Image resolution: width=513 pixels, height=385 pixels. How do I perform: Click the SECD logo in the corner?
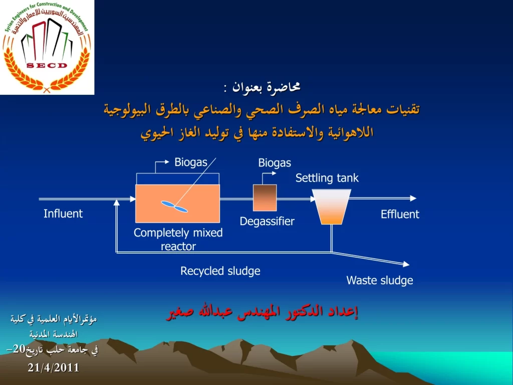47,47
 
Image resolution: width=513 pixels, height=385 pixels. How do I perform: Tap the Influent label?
63,214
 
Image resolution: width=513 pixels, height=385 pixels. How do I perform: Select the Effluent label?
400,215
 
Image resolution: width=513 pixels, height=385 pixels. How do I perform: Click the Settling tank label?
327,178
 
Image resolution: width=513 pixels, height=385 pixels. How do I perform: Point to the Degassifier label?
267,222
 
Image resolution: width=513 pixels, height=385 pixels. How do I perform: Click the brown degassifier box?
265,198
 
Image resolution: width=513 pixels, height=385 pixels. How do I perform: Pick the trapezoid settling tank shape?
332,207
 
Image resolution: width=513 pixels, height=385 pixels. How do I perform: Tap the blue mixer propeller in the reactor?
174,207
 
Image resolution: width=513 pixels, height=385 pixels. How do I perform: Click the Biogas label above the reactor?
191,162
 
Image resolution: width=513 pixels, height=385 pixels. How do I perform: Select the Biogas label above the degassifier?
275,163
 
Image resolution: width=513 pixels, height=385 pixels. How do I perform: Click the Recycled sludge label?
220,271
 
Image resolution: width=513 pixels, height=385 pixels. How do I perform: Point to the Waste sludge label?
380,281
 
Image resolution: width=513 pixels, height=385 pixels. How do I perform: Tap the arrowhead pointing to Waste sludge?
406,264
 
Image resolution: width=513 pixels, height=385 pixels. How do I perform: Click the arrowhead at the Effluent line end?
413,198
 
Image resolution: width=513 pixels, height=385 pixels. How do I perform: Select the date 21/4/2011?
53,367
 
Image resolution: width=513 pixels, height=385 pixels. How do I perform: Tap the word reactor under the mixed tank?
178,247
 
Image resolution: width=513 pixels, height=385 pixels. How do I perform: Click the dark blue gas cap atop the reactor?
178,179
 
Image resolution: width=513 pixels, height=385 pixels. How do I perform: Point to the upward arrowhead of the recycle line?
116,203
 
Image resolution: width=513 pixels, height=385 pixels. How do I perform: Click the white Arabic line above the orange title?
262,87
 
